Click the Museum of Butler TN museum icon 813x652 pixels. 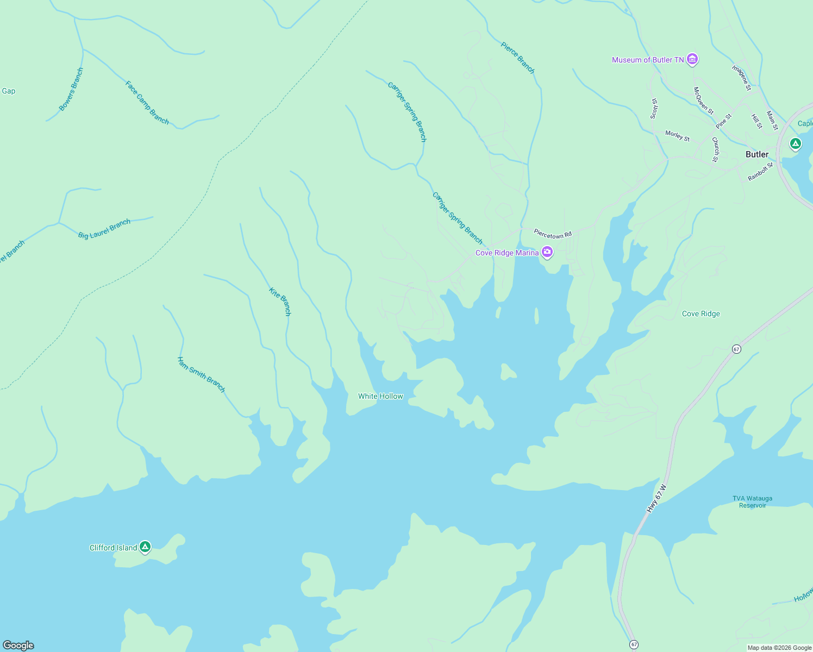click(x=692, y=59)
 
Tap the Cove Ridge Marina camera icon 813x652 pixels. click(x=547, y=252)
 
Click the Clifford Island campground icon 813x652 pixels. click(x=145, y=547)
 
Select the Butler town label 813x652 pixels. click(x=756, y=154)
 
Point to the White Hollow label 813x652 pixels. click(x=380, y=396)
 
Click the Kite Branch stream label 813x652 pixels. click(x=280, y=302)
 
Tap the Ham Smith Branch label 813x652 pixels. click(x=201, y=374)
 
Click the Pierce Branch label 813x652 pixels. click(x=517, y=58)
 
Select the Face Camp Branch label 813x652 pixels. click(x=147, y=103)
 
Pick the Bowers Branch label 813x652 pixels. click(x=71, y=89)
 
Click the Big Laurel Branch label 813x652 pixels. click(x=104, y=229)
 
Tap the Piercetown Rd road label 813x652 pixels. click(x=553, y=234)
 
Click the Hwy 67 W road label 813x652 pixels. click(x=656, y=499)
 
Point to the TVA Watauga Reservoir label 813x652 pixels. click(x=752, y=501)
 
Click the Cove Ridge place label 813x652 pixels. click(x=701, y=314)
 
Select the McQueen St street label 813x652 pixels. click(x=703, y=101)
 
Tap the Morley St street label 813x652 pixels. click(x=677, y=136)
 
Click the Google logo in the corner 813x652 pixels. click(x=18, y=645)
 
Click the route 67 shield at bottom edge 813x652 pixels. click(x=634, y=644)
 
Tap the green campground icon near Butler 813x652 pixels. click(x=795, y=144)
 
